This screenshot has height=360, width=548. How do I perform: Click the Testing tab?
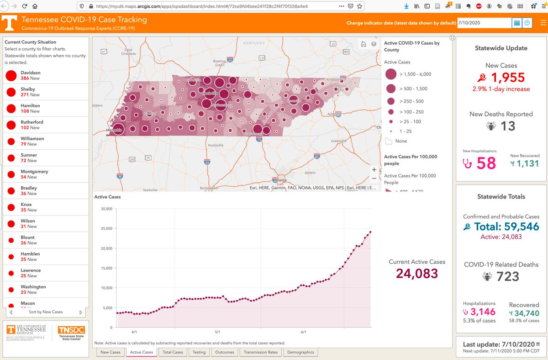pyautogui.click(x=199, y=352)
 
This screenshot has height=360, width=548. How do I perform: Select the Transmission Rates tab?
pyautogui.click(x=261, y=352)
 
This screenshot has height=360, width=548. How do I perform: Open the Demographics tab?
pyautogui.click(x=300, y=352)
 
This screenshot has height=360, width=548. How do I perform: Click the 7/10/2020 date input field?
pyautogui.click(x=484, y=23)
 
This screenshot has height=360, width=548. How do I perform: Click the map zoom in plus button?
pyautogui.click(x=374, y=170)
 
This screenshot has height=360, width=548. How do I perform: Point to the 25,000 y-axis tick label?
pyautogui.click(x=106, y=229)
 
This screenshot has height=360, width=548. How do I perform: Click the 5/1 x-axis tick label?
pyautogui.click(x=217, y=332)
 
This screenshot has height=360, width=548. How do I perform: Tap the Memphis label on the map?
pyautogui.click(x=114, y=130)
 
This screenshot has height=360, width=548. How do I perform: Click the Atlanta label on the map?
pyautogui.click(x=280, y=180)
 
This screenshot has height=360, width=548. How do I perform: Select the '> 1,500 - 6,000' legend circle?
pyautogui.click(x=391, y=74)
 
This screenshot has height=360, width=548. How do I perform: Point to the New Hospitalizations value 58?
pyautogui.click(x=486, y=163)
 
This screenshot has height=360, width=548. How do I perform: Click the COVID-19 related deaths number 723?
pyautogui.click(x=507, y=277)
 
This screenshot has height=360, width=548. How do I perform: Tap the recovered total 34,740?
pyautogui.click(x=527, y=313)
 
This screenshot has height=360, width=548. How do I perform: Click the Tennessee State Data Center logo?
pyautogui.click(x=71, y=333)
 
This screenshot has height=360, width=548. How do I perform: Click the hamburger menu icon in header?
pyautogui.click(x=543, y=23)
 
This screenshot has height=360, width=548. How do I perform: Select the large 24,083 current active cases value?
pyautogui.click(x=417, y=273)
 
